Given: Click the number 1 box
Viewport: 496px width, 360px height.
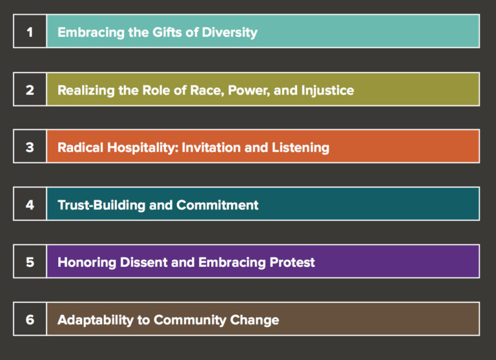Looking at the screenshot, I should [30, 32].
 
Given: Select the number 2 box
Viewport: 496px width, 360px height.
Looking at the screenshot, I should [30, 90].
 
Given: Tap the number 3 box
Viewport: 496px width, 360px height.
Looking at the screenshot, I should [30, 147].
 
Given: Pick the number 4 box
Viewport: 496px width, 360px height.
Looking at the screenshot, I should [30, 205].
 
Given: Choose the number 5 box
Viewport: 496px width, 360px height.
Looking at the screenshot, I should [30, 262].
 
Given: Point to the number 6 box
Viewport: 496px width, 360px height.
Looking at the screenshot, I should [30, 320].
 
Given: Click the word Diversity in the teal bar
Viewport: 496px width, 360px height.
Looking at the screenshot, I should [230, 32].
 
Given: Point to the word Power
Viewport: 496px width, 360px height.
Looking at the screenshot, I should [248, 90].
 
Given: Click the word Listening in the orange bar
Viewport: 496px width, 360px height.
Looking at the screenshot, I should [300, 148].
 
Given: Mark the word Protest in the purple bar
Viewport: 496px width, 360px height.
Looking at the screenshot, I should [292, 262].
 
